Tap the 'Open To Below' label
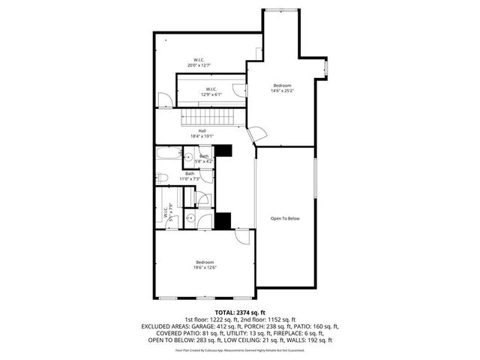[x=285, y=218]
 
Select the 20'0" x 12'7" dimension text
[x=199, y=65]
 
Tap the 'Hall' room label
[x=202, y=130]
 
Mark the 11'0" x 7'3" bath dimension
[x=190, y=178]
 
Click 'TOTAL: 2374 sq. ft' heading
[x=240, y=312]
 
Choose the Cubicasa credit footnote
[x=240, y=349]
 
